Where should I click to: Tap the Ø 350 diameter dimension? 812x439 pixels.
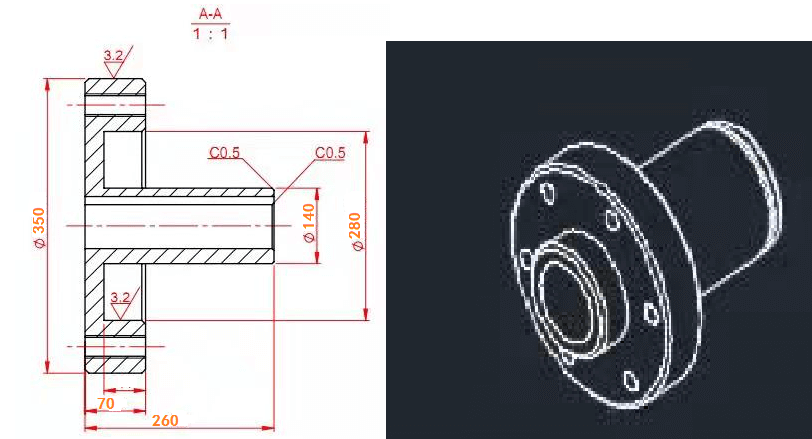point(39,226)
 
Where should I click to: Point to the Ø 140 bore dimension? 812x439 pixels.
point(309,225)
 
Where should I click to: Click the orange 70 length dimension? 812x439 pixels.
point(105,403)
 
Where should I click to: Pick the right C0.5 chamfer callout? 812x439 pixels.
point(330,153)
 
